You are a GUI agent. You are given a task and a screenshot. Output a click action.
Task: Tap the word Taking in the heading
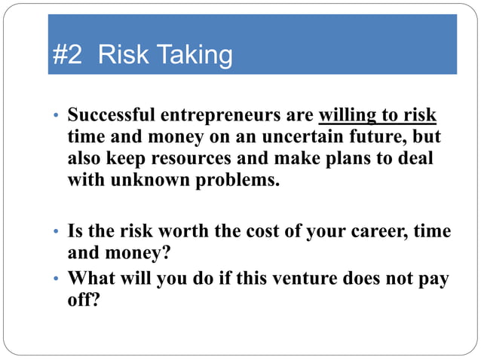tap(194, 55)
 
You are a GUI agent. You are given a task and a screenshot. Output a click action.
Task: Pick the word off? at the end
tap(84, 301)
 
